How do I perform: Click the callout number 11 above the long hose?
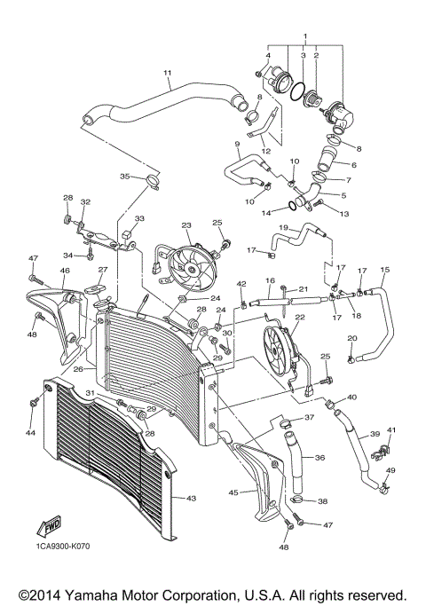point(166,73)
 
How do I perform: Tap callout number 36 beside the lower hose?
point(319,459)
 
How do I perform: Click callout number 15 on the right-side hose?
point(385,270)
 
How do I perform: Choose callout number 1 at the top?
point(304,36)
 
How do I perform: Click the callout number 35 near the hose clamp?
point(125,177)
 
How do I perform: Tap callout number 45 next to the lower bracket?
point(233,492)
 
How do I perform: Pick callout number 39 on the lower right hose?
point(375,435)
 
